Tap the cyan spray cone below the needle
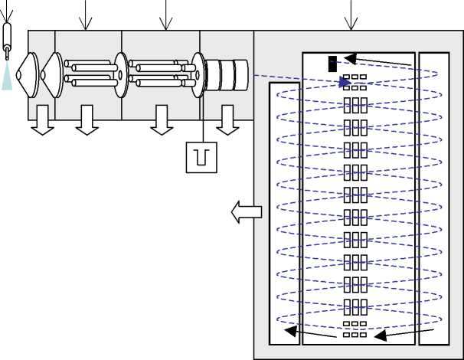(7, 77)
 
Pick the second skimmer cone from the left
(51, 74)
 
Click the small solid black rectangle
(332, 64)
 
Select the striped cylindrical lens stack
(228, 74)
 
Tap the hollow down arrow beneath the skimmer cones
(42, 123)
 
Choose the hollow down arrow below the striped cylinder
(227, 123)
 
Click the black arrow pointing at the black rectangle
(375, 61)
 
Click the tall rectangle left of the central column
(284, 213)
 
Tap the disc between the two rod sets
(122, 74)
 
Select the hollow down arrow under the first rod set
(88, 123)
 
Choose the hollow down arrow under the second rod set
(162, 123)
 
